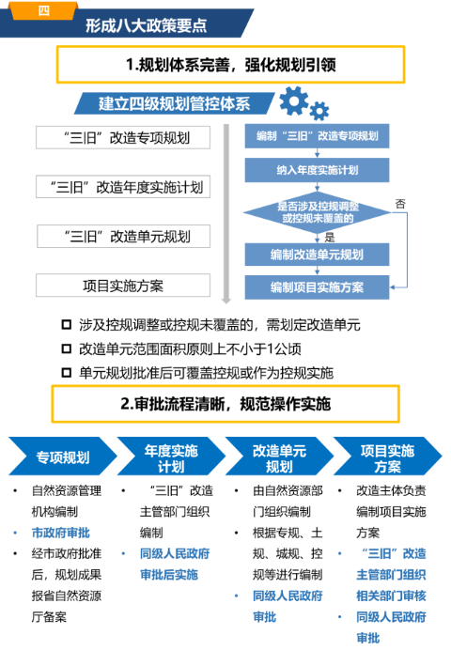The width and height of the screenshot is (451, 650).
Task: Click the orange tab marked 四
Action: (x=43, y=10)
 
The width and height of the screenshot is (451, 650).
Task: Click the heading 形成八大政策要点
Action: (x=146, y=25)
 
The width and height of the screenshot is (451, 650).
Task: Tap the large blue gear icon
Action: (x=294, y=101)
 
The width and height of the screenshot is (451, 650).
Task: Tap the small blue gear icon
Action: (x=319, y=111)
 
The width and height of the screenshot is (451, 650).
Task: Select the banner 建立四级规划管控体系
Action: (x=174, y=103)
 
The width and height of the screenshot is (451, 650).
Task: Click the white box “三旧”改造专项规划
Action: (x=123, y=138)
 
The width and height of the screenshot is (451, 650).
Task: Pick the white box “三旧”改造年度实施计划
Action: (x=123, y=187)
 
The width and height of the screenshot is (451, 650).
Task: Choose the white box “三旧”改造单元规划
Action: (x=123, y=237)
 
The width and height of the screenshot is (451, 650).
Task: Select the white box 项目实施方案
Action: (x=123, y=286)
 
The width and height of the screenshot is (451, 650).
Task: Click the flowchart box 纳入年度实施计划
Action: (x=318, y=170)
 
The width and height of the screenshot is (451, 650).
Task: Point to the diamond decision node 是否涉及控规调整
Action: (x=318, y=212)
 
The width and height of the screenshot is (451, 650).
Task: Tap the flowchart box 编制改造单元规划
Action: (x=318, y=255)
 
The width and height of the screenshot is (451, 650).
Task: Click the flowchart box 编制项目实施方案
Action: (x=318, y=287)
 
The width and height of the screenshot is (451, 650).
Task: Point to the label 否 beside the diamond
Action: (x=400, y=204)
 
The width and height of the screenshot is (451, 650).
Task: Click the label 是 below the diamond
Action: (x=330, y=237)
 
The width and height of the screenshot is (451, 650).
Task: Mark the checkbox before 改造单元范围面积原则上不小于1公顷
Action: (x=67, y=348)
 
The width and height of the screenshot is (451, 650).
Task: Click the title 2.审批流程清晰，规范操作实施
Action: (x=225, y=404)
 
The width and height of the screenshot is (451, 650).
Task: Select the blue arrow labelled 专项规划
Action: (x=63, y=457)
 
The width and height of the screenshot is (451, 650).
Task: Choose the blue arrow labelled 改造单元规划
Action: (x=279, y=457)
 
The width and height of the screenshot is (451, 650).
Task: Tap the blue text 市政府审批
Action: (x=60, y=533)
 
